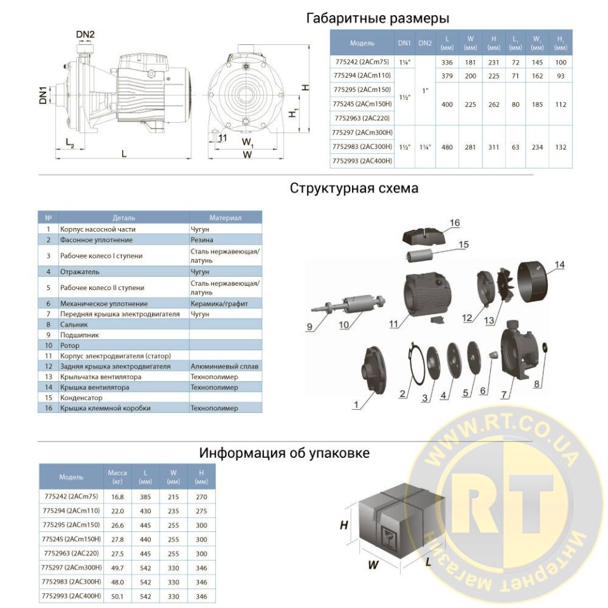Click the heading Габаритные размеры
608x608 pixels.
pyautogui.click(x=377, y=18)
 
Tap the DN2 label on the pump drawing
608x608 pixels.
pyautogui.click(x=85, y=34)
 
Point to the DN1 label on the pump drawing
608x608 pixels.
pyautogui.click(x=42, y=95)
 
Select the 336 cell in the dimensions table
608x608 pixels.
pyautogui.click(x=446, y=62)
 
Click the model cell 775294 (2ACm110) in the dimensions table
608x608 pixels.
pyautogui.click(x=362, y=75)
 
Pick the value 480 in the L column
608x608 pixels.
pyautogui.click(x=446, y=147)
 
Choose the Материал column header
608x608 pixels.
pyautogui.click(x=225, y=217)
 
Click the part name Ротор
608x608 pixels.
pyautogui.click(x=70, y=345)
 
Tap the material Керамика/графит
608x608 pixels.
pyautogui.click(x=219, y=303)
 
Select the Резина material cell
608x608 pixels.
pyautogui.click(x=201, y=239)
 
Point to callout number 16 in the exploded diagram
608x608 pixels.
pyautogui.click(x=455, y=222)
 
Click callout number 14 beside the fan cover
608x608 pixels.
pyautogui.click(x=559, y=265)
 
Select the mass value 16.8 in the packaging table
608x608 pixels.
pyautogui.click(x=117, y=497)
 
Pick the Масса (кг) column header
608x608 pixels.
pyautogui.click(x=117, y=476)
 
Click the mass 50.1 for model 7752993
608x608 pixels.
pyautogui.click(x=117, y=597)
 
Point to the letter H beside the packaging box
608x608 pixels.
pyautogui.click(x=343, y=525)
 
